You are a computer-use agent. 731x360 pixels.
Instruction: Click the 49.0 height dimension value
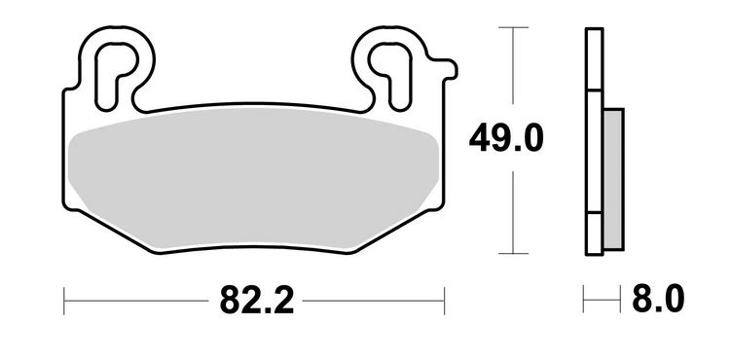505,139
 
